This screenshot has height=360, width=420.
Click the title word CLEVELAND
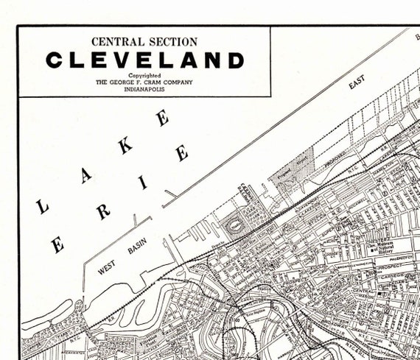(x=144, y=60)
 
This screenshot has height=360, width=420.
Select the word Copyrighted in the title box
(x=144, y=75)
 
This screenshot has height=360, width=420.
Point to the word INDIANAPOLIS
(x=144, y=89)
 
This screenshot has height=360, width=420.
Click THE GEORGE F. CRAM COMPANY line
(x=144, y=82)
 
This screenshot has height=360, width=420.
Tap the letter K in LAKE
(x=126, y=145)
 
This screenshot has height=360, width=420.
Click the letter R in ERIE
(x=102, y=212)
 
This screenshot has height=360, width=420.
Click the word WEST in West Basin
(x=106, y=267)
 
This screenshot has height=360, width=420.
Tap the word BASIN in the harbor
(x=137, y=247)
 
